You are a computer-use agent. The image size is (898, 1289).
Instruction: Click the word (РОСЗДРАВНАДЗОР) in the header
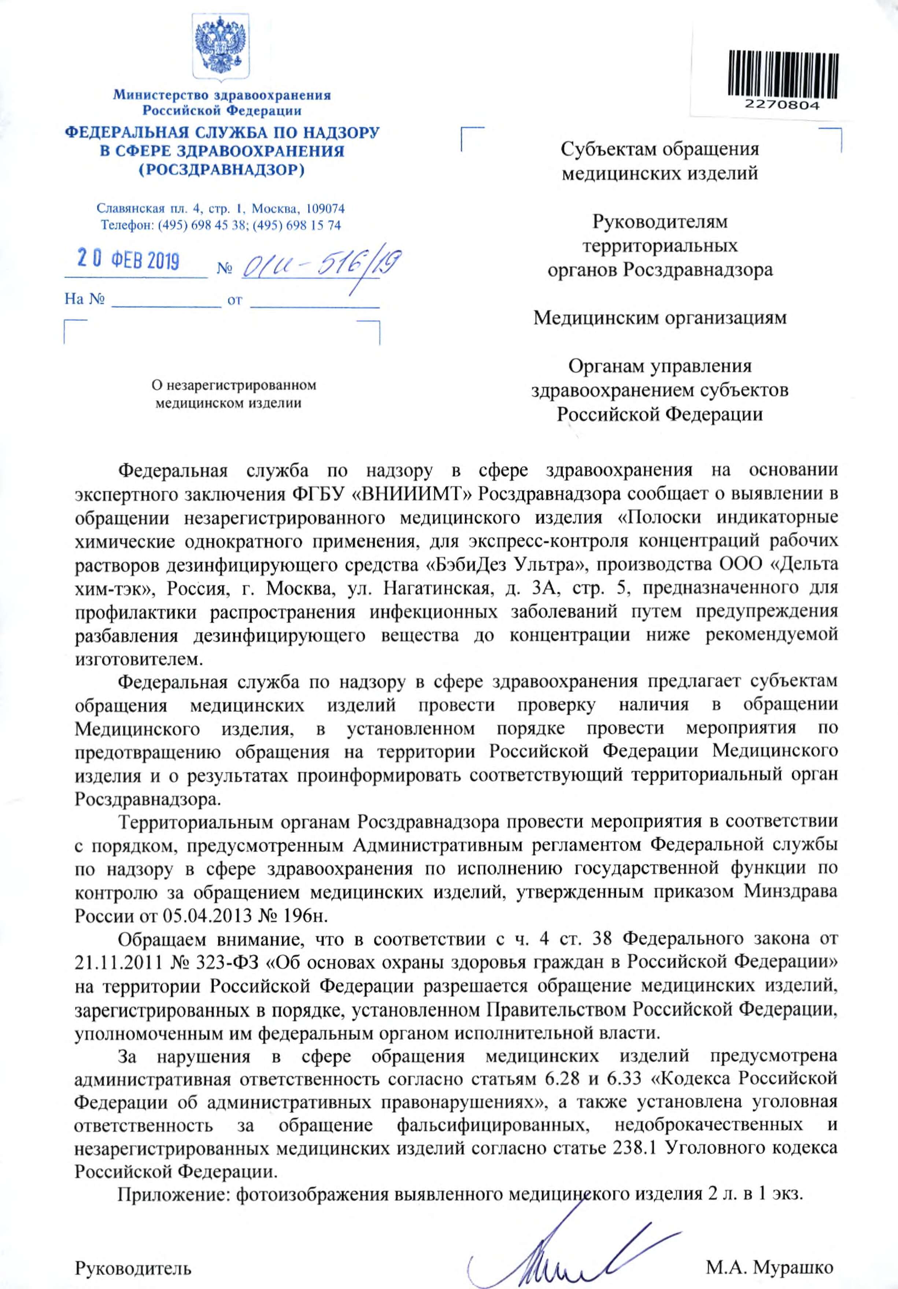(x=222, y=170)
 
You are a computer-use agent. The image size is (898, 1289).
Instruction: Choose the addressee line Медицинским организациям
(x=660, y=318)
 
